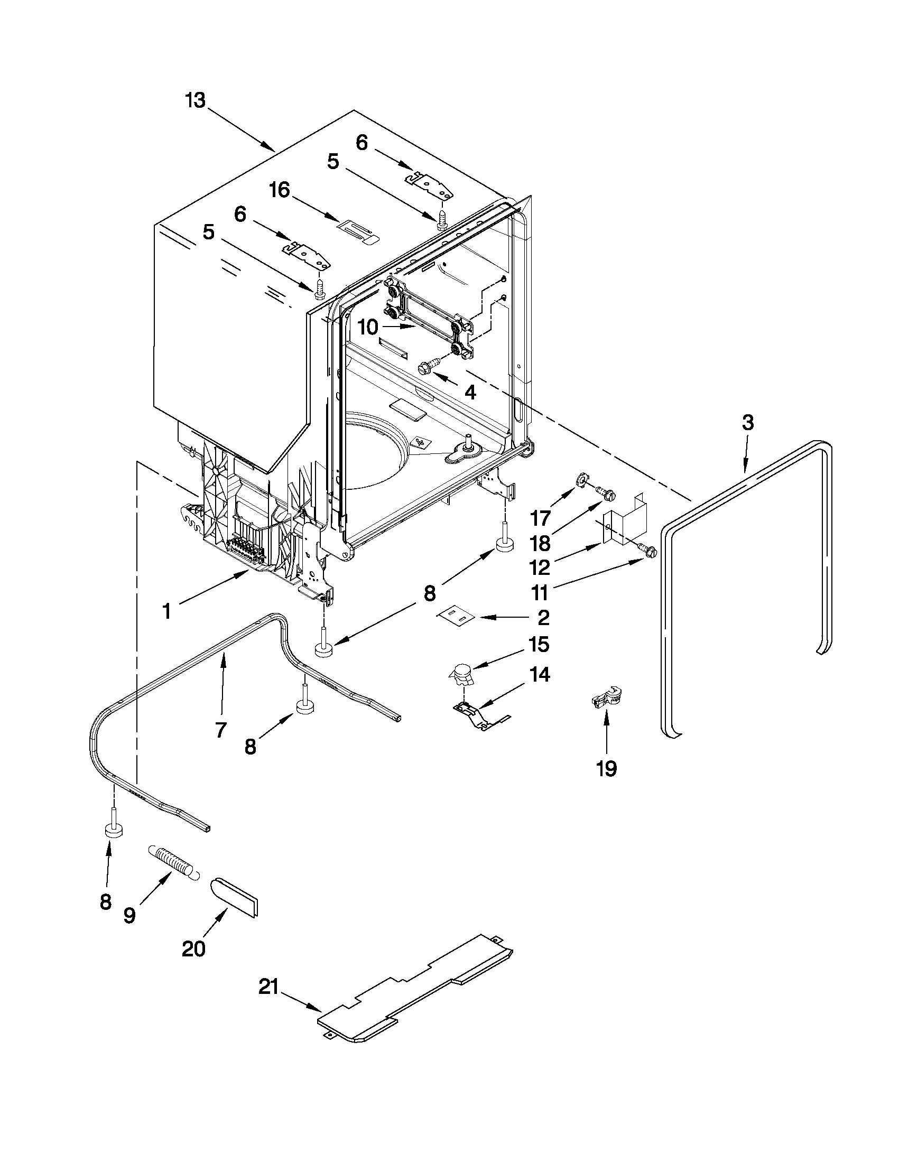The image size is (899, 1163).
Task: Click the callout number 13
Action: tap(195, 100)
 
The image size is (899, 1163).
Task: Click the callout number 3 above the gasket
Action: tap(747, 423)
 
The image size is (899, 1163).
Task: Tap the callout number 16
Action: tap(280, 190)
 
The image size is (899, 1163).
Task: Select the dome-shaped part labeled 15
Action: tap(461, 677)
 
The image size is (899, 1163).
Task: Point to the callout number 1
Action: tap(167, 612)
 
